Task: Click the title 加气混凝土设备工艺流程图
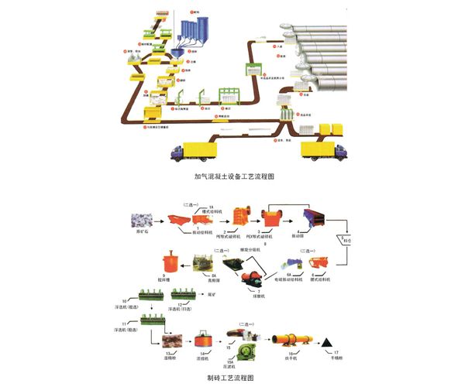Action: click(x=234, y=176)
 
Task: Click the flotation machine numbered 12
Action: click(x=188, y=295)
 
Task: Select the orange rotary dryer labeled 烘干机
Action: click(x=298, y=339)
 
